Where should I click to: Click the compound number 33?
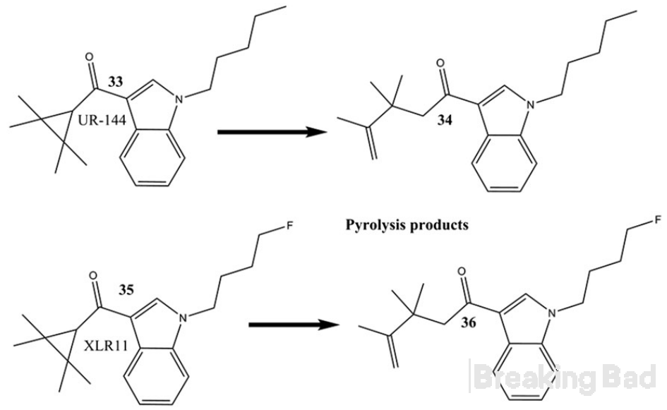[x=115, y=81]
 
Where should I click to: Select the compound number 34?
[x=445, y=121]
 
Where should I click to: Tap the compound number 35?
[x=126, y=289]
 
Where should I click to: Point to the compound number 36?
[x=469, y=322]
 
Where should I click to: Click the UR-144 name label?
[x=102, y=121]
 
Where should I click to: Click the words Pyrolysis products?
[x=407, y=224]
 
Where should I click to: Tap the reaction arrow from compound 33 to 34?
[x=272, y=132]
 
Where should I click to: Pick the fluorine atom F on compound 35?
[x=289, y=225]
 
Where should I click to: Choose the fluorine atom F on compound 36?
[x=658, y=220]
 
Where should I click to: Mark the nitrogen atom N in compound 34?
[x=531, y=104]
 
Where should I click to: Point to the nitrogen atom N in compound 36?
[x=552, y=314]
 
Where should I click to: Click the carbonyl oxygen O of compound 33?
[x=89, y=57]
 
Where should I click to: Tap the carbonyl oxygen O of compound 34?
[x=440, y=64]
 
